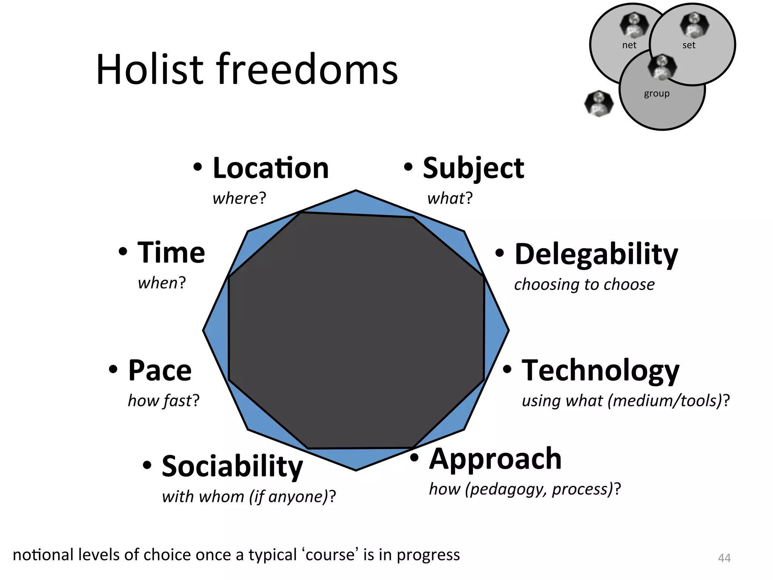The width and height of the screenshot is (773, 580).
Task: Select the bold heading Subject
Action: (473, 168)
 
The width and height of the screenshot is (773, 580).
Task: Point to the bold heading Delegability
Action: (596, 255)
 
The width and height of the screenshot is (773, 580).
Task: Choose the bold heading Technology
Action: (600, 371)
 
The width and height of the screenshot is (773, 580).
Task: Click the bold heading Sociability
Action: (232, 467)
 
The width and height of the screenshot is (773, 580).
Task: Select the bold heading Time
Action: (171, 253)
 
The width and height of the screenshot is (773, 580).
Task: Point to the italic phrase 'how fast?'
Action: (163, 401)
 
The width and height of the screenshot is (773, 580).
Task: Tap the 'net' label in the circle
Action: (629, 45)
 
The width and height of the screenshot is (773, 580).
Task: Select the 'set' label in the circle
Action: (688, 45)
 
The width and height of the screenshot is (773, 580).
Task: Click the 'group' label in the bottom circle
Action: (657, 93)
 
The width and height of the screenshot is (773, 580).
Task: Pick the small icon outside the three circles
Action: (599, 103)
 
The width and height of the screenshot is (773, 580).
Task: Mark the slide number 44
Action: (724, 558)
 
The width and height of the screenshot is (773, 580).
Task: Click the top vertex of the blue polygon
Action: (356, 191)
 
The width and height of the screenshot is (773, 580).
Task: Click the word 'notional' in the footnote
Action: (43, 555)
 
